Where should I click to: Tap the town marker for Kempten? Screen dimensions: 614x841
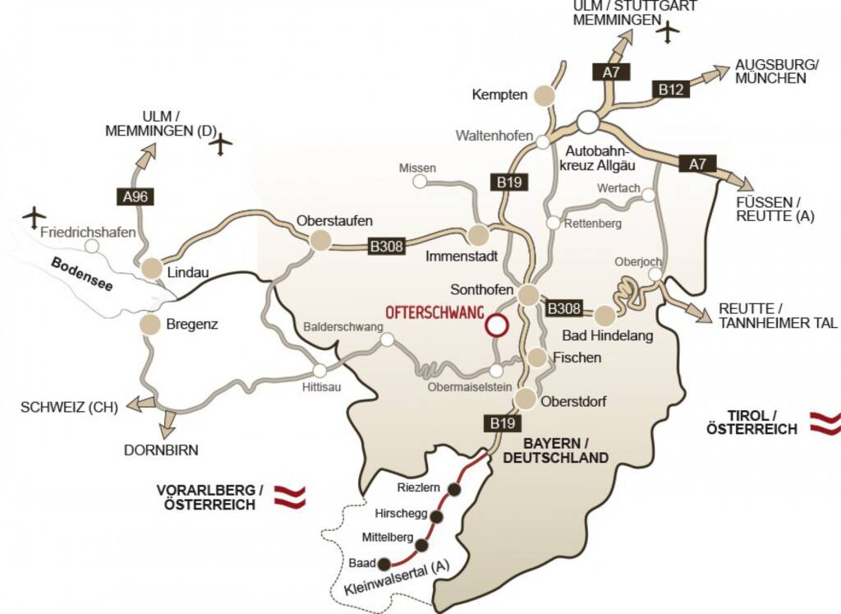point(544,95)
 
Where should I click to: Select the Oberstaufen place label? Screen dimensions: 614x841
point(334,220)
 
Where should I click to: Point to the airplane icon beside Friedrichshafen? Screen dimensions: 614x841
point(34,217)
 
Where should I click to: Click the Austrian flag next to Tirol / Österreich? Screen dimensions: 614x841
point(825,422)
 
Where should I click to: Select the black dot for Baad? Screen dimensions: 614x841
point(383,564)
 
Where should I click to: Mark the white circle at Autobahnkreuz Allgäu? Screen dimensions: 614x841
point(587,122)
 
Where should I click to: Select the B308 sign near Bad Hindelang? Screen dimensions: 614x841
point(564,308)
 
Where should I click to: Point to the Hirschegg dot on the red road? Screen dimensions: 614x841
point(437,516)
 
